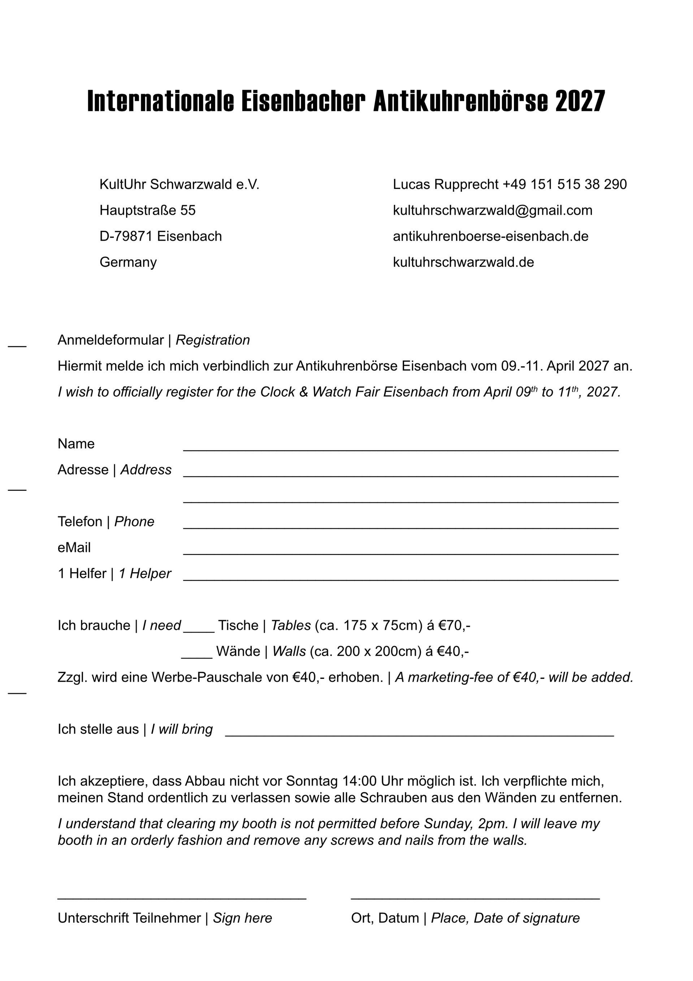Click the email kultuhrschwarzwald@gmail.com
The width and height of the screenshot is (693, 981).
pos(492,210)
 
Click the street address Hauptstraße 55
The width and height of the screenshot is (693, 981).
pos(147,210)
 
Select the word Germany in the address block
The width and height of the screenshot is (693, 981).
pos(128,262)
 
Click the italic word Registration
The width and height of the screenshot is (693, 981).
pos(213,340)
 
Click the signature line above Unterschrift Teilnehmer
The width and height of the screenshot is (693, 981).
pos(182,898)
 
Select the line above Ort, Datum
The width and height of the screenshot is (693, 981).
pos(475,898)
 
